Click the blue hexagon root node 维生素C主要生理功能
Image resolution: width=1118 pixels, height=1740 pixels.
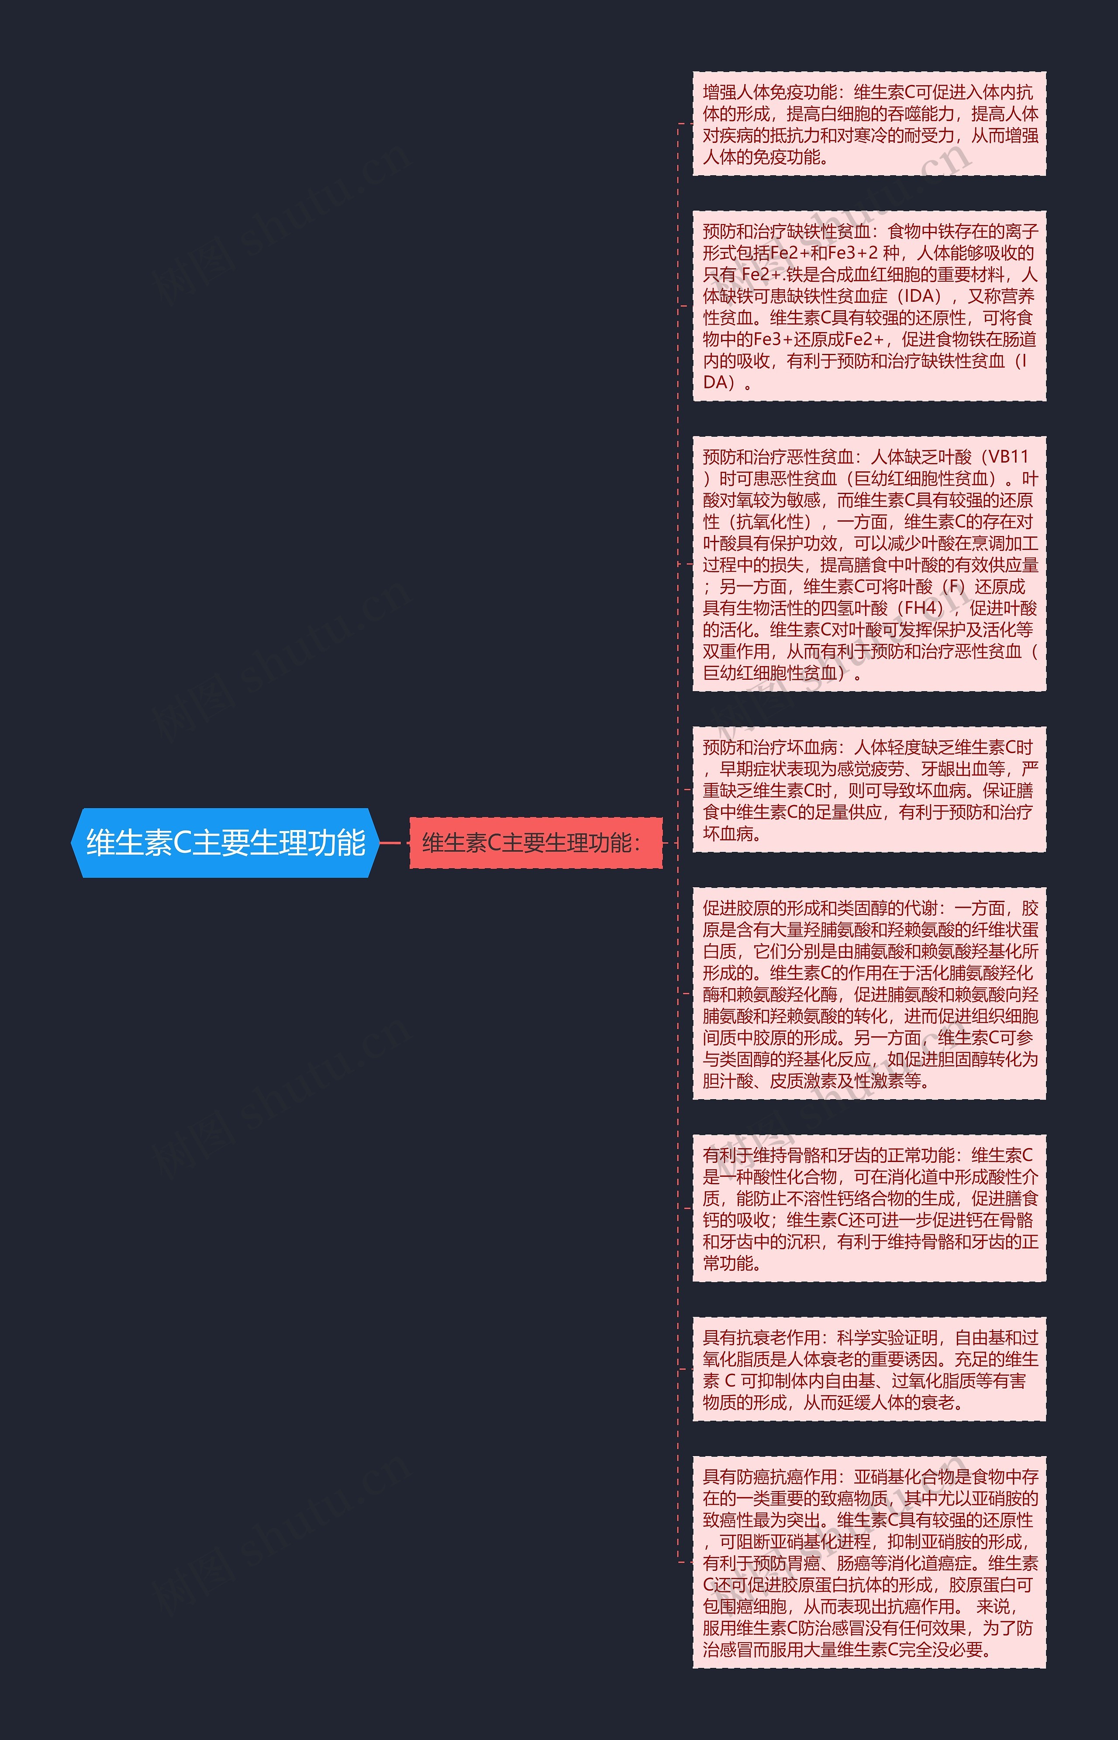[225, 842]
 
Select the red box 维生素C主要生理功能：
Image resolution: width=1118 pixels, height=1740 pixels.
[536, 842]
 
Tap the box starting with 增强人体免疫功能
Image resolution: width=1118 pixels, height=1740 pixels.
[869, 124]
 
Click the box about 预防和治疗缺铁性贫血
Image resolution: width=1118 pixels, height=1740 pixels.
[869, 306]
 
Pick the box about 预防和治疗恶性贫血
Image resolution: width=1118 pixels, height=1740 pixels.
[869, 564]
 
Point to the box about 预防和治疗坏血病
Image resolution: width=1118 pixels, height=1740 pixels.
[869, 789]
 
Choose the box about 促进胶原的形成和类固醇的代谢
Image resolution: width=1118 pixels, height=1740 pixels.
[869, 993]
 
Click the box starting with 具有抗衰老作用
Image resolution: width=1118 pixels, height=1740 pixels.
[869, 1370]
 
